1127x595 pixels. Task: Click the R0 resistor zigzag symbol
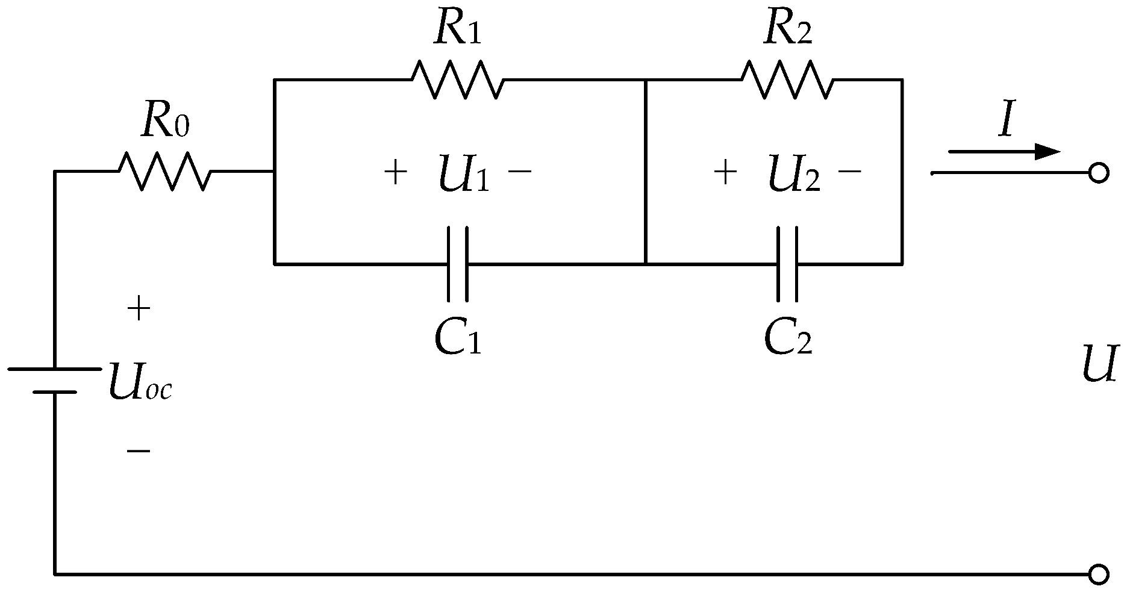[x=164, y=171]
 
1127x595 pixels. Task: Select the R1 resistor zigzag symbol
[x=458, y=79]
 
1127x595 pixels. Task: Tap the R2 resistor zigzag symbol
[x=787, y=79]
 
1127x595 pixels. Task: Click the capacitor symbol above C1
[x=458, y=264]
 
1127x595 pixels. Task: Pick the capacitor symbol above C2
[x=787, y=264]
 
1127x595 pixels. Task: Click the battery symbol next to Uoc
[x=54, y=380]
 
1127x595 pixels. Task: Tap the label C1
[x=458, y=337]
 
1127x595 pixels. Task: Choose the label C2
[x=788, y=337]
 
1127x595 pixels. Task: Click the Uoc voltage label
[x=140, y=382]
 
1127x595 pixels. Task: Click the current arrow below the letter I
[x=1004, y=151]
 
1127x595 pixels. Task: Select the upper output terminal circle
[x=1098, y=173]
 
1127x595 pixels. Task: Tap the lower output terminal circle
[x=1098, y=575]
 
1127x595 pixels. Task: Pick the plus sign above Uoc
[x=139, y=310]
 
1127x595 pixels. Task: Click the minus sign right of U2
[x=849, y=172]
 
